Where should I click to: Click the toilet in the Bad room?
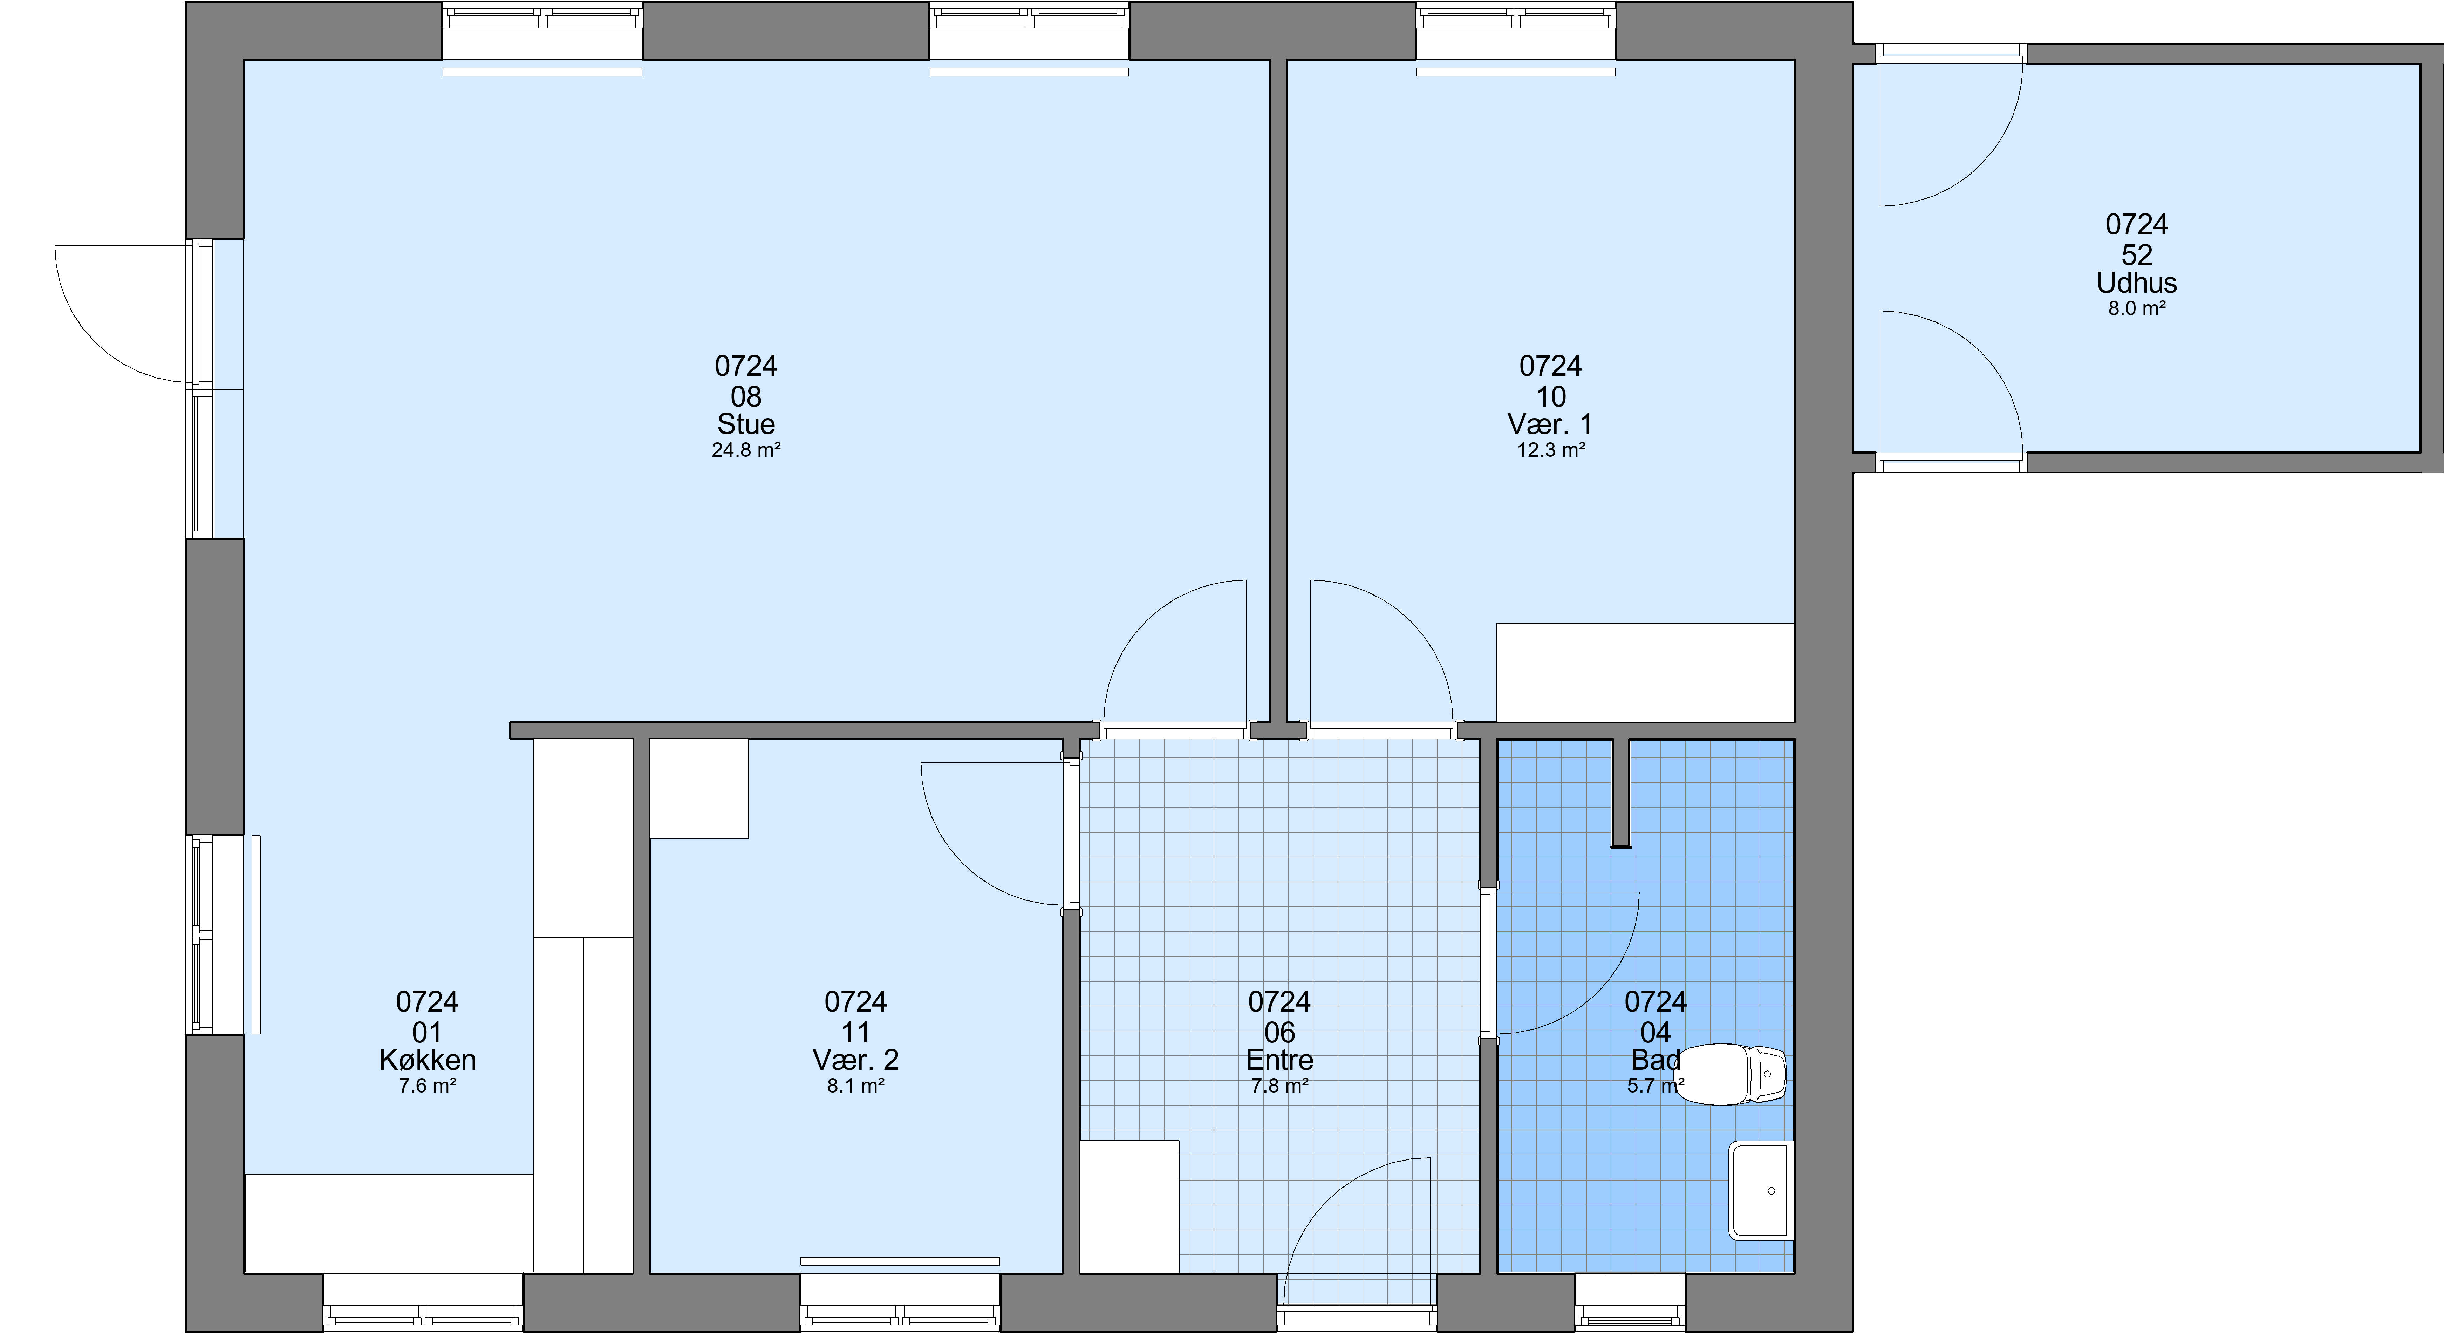pyautogui.click(x=1732, y=1075)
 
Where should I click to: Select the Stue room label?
pyautogui.click(x=746, y=424)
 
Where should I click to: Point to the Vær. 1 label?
pyautogui.click(x=1550, y=424)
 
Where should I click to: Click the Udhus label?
pyautogui.click(x=2137, y=283)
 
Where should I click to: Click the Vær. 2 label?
pyautogui.click(x=856, y=1060)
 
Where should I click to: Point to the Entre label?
pyautogui.click(x=1280, y=1060)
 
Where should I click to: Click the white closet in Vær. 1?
pyautogui.click(x=1645, y=672)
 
